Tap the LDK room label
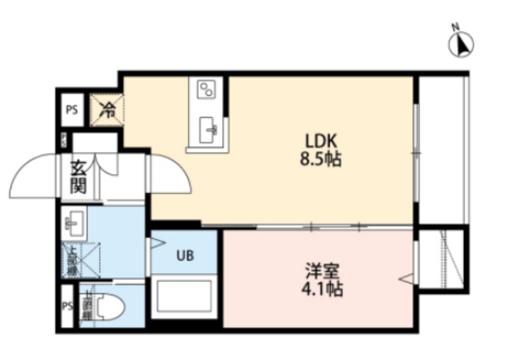pos(315,139)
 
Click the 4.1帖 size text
pos(318,289)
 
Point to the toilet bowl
pos(109,309)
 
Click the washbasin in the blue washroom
pos(75,221)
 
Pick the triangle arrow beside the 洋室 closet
pos(406,281)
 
